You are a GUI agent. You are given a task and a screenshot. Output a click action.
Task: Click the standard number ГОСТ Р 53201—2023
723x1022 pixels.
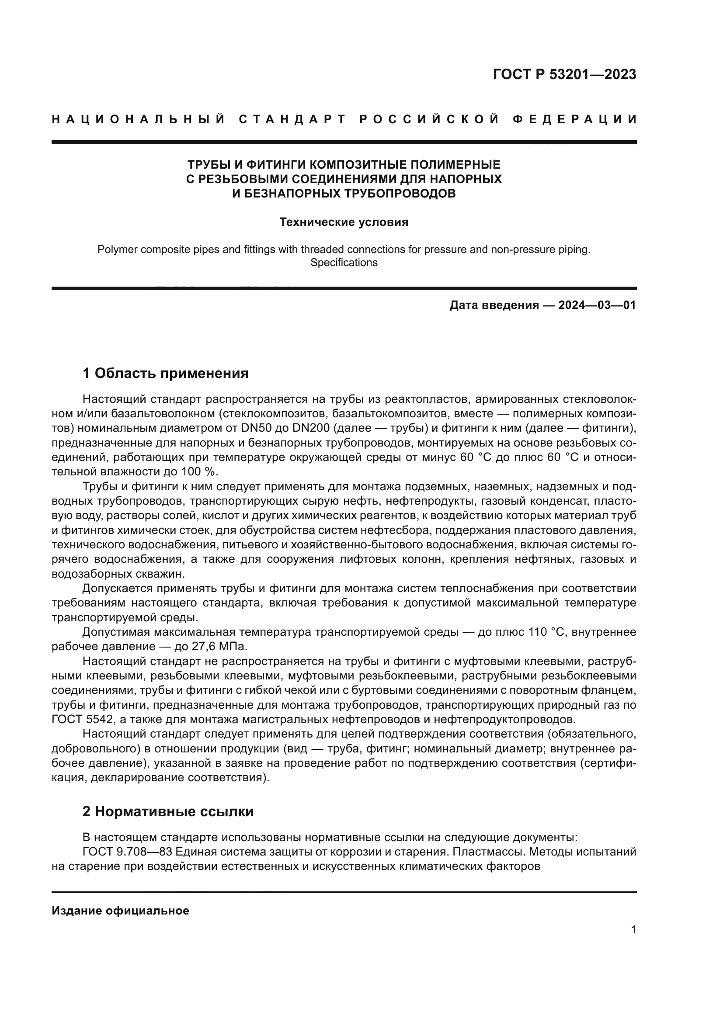click(564, 74)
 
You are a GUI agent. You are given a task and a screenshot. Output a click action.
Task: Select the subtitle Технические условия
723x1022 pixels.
click(344, 222)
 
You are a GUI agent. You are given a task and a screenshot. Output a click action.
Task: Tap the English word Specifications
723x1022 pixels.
click(344, 263)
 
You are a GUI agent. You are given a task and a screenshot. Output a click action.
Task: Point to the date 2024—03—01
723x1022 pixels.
click(597, 305)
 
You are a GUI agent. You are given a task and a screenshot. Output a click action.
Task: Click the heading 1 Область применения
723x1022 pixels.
click(166, 373)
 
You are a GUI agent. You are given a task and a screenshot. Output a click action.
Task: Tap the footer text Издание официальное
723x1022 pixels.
click(120, 911)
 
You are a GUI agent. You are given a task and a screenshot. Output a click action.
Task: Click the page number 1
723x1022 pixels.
click(633, 930)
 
